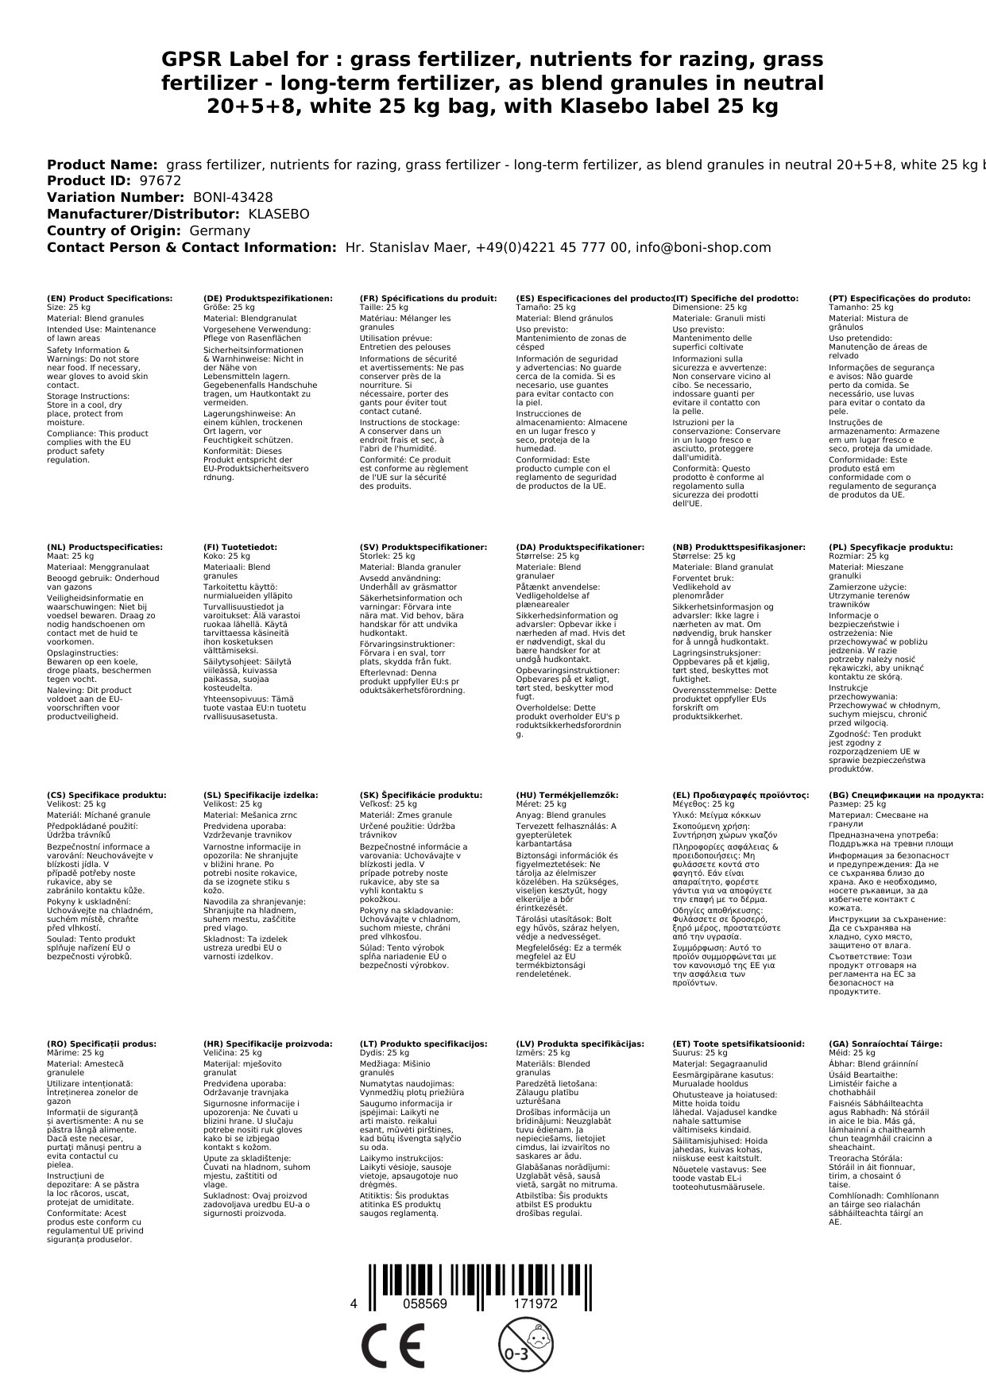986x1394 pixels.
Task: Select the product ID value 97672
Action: coord(160,181)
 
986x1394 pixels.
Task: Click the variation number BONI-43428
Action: coord(233,198)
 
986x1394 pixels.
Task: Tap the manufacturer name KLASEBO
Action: coord(279,215)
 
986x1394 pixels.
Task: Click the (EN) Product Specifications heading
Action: coord(109,299)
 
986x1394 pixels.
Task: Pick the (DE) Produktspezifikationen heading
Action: coord(268,299)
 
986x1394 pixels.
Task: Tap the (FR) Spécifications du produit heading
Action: coord(427,299)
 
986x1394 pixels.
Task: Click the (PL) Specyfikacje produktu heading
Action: coord(890,548)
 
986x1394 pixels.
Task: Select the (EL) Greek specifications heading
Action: coord(740,796)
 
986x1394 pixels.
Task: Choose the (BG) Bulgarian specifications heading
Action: coord(905,796)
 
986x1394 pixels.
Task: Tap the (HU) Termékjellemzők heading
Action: coord(566,796)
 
